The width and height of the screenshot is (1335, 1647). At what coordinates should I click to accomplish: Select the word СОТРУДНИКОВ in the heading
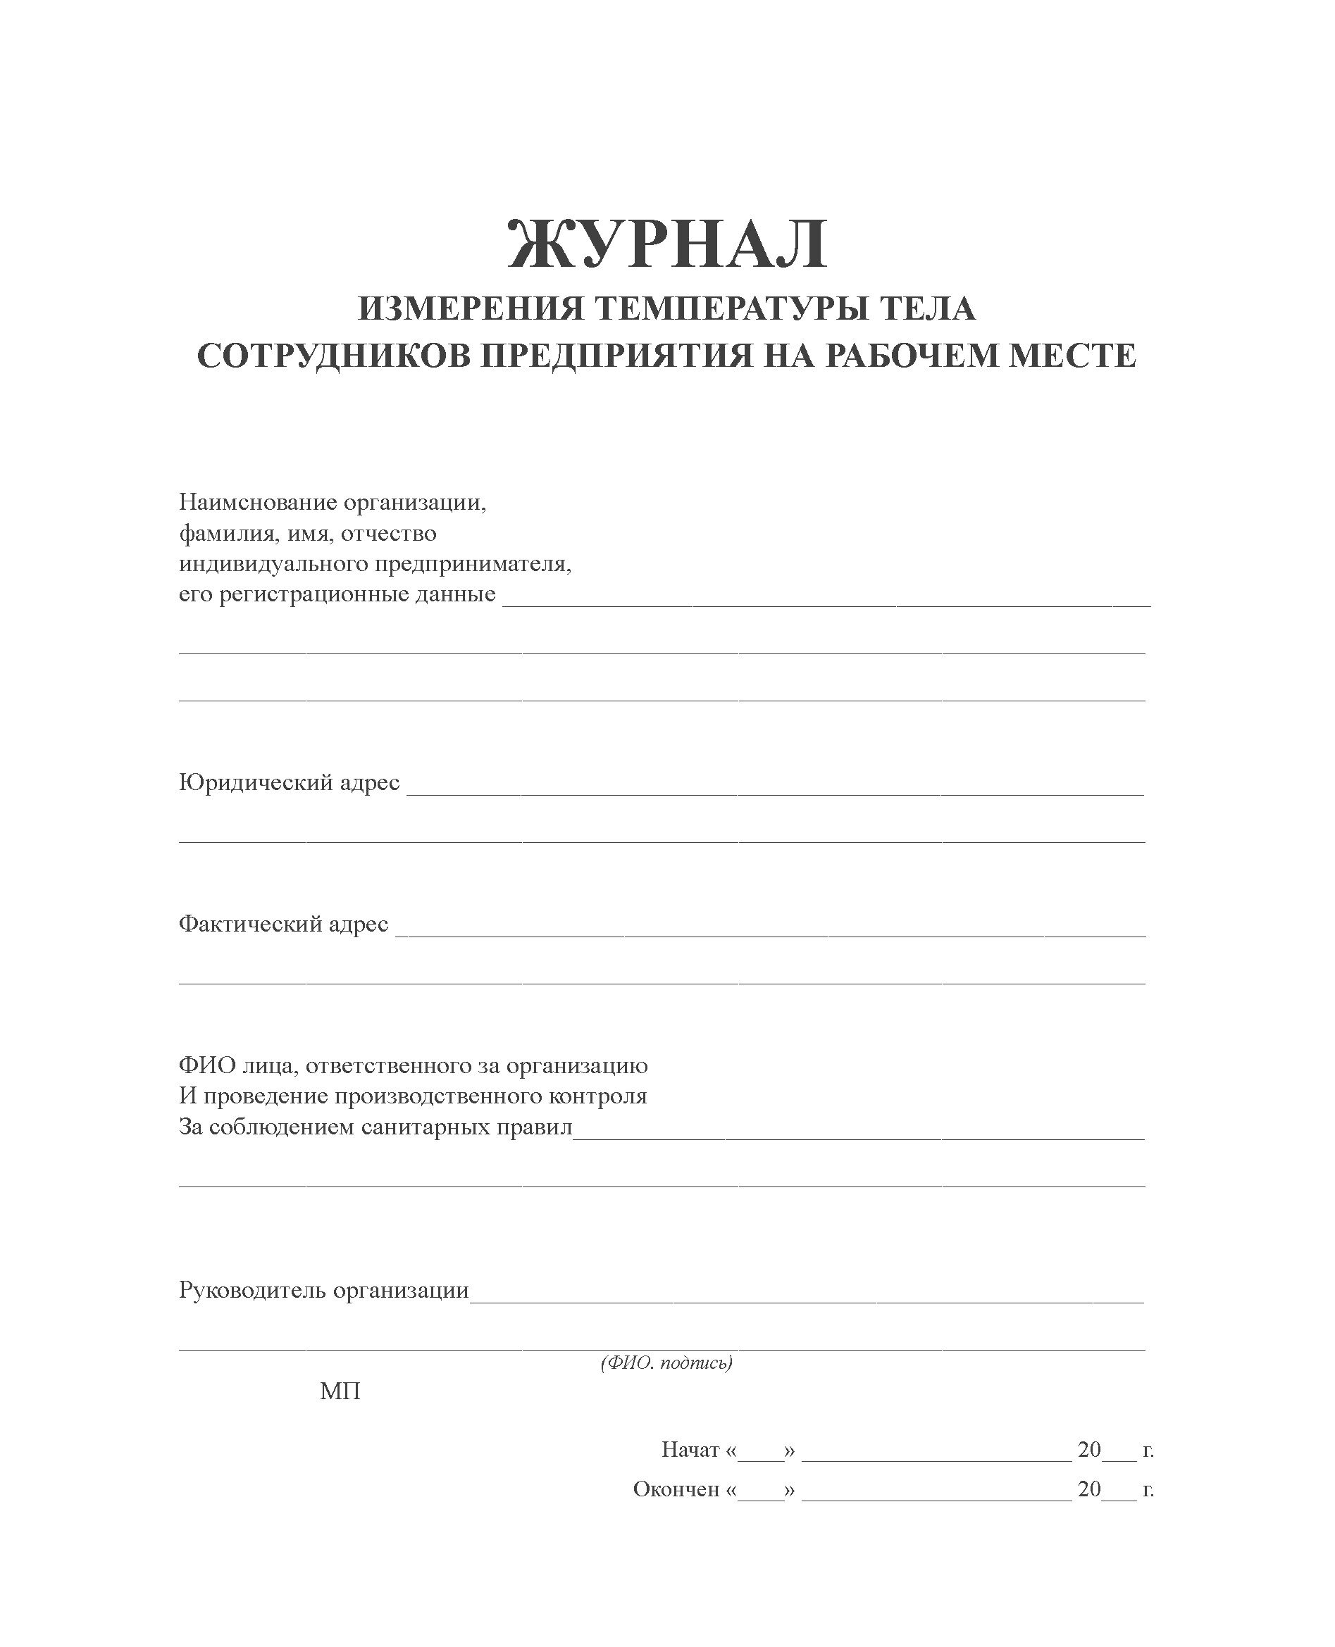point(333,356)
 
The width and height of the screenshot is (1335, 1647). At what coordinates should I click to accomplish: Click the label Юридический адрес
point(289,782)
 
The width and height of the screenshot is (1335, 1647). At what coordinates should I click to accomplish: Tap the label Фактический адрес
point(283,924)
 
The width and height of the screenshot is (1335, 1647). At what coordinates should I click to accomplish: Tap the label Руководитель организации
point(324,1291)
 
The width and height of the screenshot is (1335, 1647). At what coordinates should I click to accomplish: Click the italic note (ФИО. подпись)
point(666,1363)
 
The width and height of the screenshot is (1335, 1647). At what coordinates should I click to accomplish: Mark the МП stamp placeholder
point(340,1392)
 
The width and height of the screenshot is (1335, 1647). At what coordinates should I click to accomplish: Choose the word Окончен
point(676,1489)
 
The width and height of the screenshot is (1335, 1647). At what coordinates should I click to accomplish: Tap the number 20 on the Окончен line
point(1089,1489)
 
